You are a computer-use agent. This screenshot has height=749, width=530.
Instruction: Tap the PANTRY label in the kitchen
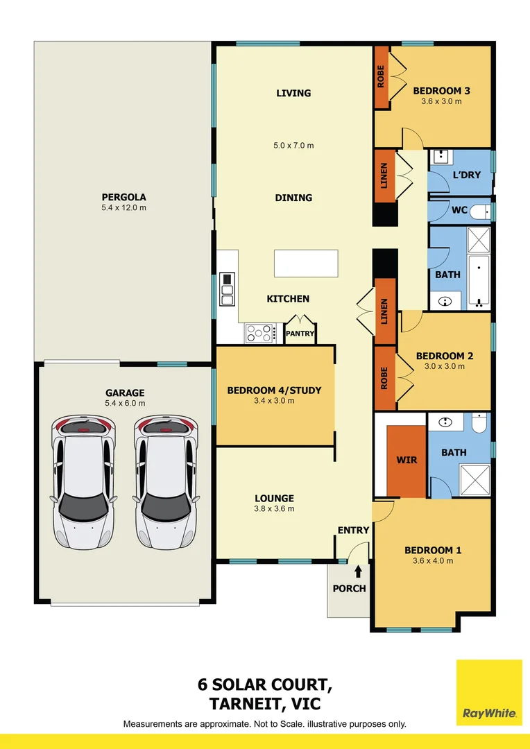tap(300, 334)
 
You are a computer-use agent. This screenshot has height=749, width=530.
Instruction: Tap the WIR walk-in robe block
tap(406, 460)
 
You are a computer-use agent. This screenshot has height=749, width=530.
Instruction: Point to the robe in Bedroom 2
tap(385, 378)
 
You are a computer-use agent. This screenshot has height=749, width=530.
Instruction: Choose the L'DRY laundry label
tap(466, 175)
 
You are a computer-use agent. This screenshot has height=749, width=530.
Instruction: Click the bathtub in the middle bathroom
tap(479, 281)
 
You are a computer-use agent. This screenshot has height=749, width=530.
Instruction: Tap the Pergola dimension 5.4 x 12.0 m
tap(123, 207)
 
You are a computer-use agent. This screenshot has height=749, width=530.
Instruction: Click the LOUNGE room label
tap(274, 498)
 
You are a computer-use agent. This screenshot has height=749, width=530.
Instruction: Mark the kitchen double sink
tap(227, 289)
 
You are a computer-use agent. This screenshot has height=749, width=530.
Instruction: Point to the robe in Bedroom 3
tap(382, 77)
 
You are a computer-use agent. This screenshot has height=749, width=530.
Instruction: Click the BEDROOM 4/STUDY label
tap(274, 390)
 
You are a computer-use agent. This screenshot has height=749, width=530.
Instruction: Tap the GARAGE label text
tap(125, 393)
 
